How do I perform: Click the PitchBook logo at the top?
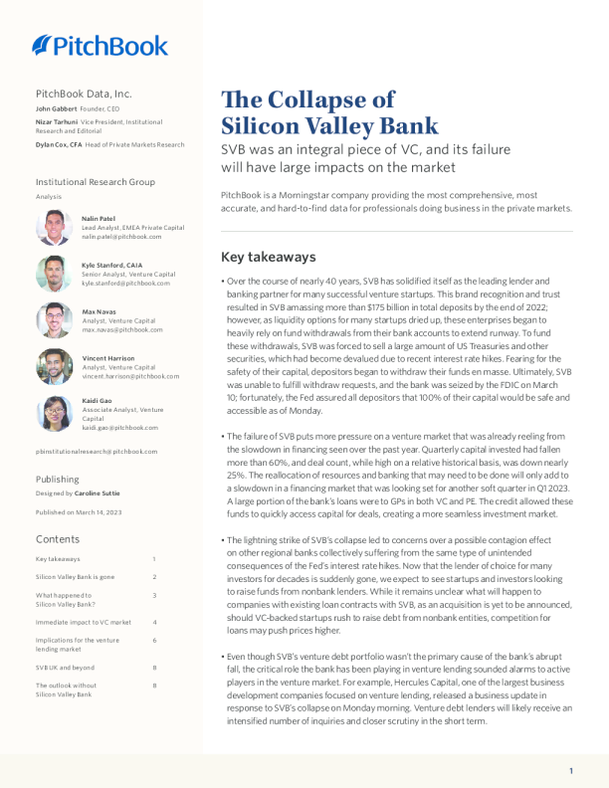coord(100,45)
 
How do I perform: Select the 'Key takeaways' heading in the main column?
coord(268,257)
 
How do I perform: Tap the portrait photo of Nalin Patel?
coord(54,228)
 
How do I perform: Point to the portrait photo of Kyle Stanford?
coord(54,274)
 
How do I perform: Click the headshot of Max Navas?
coord(54,320)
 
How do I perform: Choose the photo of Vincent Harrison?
coord(54,366)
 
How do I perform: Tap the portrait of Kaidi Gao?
coord(54,414)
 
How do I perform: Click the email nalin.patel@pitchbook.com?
coord(121,237)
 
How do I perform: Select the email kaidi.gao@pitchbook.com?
coord(119,427)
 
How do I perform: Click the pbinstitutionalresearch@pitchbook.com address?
coord(97,451)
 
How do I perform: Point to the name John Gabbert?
coord(57,107)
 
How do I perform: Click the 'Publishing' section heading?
coord(58,479)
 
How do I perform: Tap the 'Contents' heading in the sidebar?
coord(57,538)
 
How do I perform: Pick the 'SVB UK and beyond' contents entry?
coord(65,668)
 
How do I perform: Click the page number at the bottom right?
coord(571,771)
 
